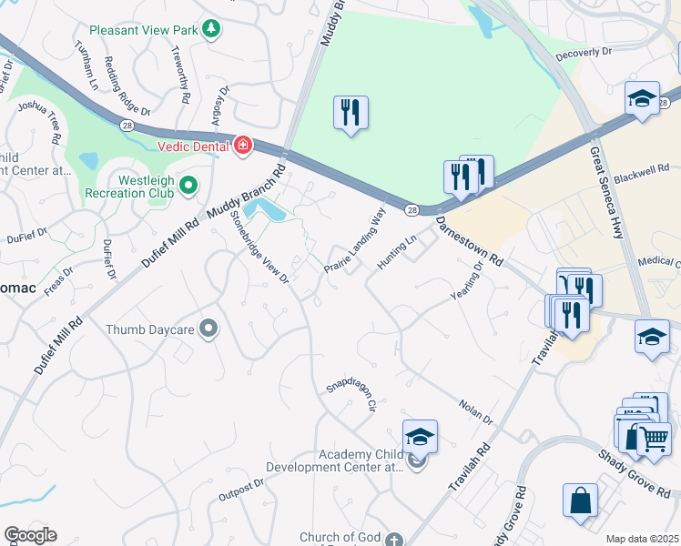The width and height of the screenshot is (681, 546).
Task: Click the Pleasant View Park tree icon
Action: coord(211,30)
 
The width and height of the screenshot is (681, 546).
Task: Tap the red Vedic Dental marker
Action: coord(242,146)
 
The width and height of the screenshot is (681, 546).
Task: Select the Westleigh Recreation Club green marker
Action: coord(188,185)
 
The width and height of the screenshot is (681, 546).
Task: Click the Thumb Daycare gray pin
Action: coord(208,329)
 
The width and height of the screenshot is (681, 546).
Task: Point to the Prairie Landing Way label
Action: coord(355,241)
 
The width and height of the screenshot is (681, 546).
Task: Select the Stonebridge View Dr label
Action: coord(259,247)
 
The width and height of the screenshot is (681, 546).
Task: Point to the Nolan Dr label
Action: coord(475,412)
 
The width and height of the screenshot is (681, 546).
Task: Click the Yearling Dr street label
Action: coord(466,283)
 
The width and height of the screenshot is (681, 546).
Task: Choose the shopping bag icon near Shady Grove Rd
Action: coord(580,500)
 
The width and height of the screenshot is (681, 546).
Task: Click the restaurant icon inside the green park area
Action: coord(351,112)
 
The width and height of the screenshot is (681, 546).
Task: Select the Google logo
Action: coord(30,535)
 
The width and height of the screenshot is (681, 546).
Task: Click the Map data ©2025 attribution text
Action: coord(642,539)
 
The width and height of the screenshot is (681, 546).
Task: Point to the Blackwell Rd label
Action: coord(641,168)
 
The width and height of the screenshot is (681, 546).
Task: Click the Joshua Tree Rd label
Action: coord(43,119)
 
